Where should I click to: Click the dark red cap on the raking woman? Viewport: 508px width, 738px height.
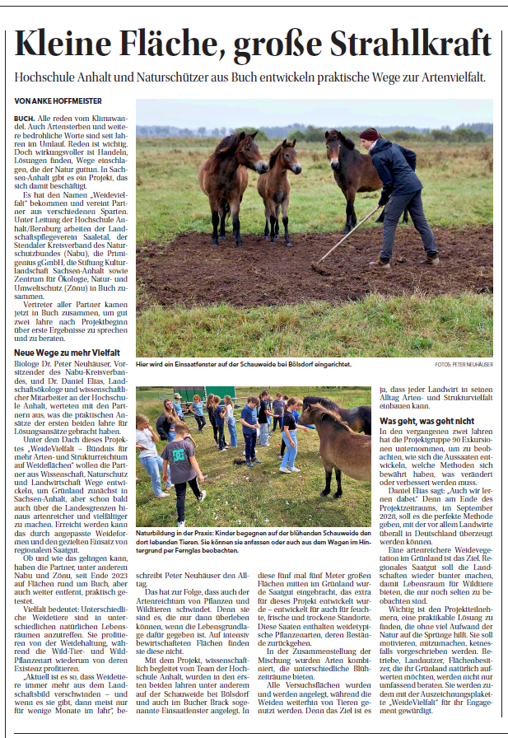tap(370, 133)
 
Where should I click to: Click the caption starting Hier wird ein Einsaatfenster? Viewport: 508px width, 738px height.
tap(245, 363)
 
